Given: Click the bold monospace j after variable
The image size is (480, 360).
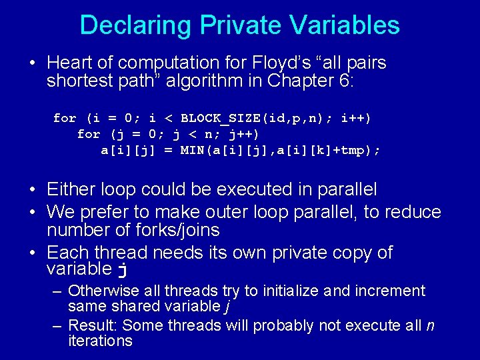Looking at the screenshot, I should coord(121,270).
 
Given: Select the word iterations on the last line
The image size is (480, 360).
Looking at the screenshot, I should coord(100,341).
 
